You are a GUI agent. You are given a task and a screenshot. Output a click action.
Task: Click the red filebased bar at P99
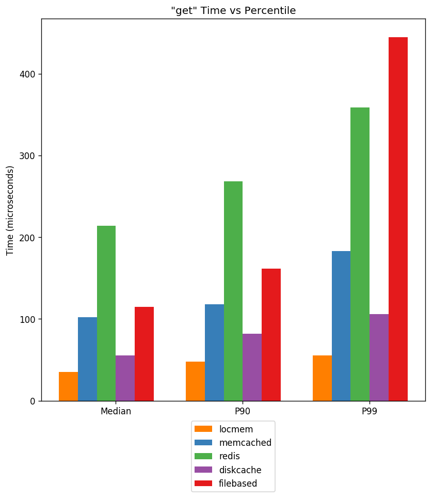click(398, 219)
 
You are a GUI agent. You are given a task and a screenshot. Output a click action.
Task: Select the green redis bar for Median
click(106, 314)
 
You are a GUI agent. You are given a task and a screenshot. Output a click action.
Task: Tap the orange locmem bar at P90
click(196, 381)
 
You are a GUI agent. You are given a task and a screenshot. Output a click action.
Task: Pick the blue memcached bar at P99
click(341, 326)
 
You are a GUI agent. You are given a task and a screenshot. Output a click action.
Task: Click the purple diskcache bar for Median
click(125, 378)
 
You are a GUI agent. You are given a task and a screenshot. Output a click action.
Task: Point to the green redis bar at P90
click(233, 291)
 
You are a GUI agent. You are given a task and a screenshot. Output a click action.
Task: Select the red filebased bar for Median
click(145, 354)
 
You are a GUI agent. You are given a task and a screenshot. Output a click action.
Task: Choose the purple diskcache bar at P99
click(379, 357)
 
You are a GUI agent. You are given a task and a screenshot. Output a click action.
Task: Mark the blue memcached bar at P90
click(215, 353)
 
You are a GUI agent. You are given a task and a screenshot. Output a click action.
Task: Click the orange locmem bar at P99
click(322, 378)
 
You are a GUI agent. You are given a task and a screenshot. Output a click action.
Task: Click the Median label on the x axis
click(116, 411)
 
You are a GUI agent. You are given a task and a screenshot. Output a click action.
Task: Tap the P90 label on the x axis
click(243, 411)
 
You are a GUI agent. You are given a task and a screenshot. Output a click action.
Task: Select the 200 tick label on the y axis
click(27, 238)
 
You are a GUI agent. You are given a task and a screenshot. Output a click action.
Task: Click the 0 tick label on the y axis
click(33, 401)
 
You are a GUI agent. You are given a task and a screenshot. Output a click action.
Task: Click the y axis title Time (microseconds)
click(10, 210)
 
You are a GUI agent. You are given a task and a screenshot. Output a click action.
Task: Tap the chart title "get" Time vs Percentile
click(233, 10)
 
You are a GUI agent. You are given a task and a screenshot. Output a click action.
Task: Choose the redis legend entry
click(217, 456)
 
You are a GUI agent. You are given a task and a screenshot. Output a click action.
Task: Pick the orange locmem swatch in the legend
click(203, 429)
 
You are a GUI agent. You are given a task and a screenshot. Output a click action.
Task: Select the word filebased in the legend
click(238, 484)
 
